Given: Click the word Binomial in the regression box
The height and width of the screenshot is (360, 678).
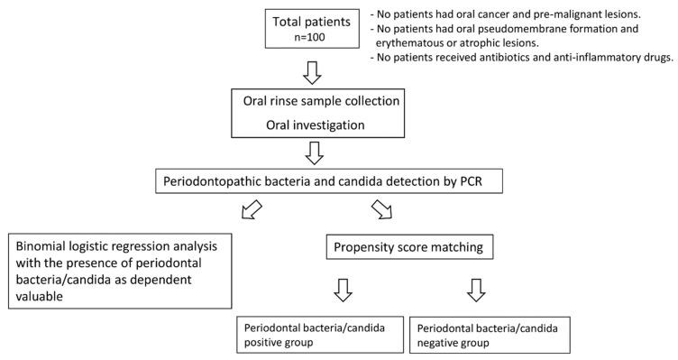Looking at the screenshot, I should [41, 246].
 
